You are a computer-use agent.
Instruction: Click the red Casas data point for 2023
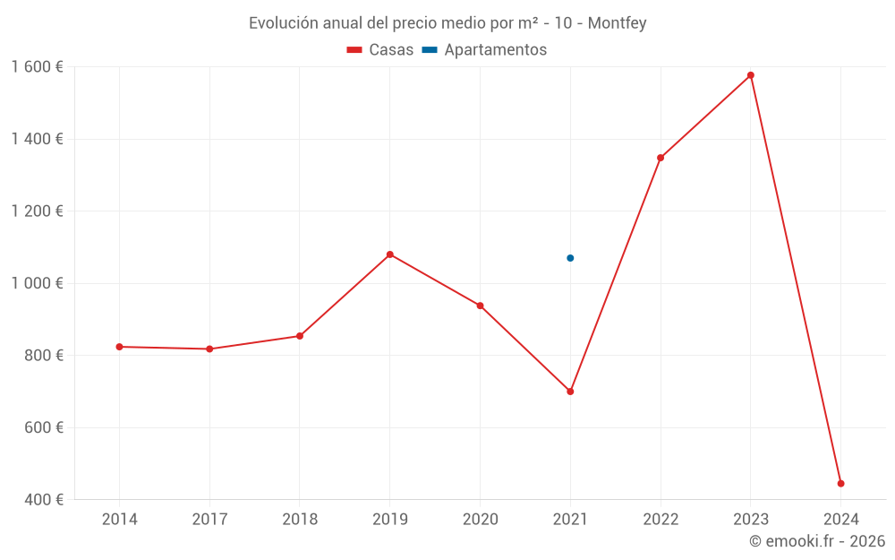pyautogui.click(x=750, y=75)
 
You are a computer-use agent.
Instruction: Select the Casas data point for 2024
pyautogui.click(x=840, y=484)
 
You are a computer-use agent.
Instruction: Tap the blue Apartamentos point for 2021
pyautogui.click(x=570, y=258)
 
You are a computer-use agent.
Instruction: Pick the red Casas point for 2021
pyautogui.click(x=570, y=392)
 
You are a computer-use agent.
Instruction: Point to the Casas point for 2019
pyautogui.click(x=389, y=254)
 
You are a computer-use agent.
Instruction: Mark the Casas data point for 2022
pyautogui.click(x=661, y=158)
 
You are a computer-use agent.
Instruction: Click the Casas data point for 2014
pyautogui.click(x=119, y=347)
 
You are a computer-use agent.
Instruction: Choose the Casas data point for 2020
pyautogui.click(x=480, y=306)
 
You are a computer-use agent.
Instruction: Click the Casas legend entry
pyautogui.click(x=380, y=50)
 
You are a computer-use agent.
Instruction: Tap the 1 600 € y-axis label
pyautogui.click(x=37, y=67)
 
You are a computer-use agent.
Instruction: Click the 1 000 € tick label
pyautogui.click(x=37, y=283)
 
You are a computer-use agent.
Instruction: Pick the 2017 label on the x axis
pyautogui.click(x=209, y=519)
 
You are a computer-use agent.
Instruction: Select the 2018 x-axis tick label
pyautogui.click(x=300, y=519)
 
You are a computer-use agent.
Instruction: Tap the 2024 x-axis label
pyautogui.click(x=840, y=519)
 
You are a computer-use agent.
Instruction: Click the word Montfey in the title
pyautogui.click(x=617, y=23)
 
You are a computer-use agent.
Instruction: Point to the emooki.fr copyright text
pyautogui.click(x=817, y=541)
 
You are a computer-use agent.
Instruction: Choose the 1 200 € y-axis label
pyautogui.click(x=37, y=211)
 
